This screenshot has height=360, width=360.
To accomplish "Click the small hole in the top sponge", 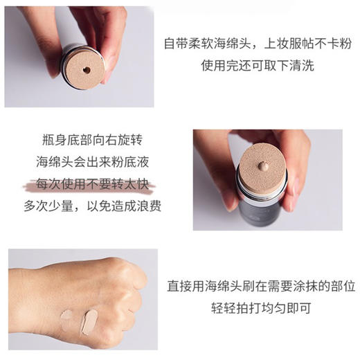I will click(x=86, y=70).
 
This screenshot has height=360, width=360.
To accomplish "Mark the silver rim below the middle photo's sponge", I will click(x=263, y=190).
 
